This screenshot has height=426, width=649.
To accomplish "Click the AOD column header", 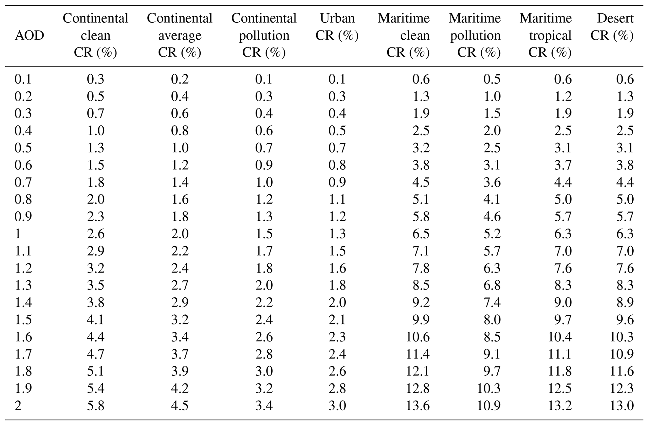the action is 29,36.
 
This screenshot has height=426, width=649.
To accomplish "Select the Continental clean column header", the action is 95,35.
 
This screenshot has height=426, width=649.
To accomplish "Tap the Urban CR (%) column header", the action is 337,27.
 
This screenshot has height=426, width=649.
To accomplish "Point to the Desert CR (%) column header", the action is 612,27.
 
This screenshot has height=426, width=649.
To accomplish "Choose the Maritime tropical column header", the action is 546,35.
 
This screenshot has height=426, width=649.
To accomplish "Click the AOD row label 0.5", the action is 23,148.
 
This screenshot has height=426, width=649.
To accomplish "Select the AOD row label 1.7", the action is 23,354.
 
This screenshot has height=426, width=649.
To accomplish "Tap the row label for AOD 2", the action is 18,406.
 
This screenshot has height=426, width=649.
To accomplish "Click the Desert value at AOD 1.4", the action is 625,302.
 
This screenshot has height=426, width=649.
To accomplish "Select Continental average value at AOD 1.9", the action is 180,389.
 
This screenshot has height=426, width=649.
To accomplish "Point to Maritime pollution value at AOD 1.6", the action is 492,337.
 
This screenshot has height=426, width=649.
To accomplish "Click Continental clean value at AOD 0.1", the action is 95,79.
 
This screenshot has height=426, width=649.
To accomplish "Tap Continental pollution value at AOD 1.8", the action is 264,372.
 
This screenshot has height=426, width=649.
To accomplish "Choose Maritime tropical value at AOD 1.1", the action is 563,251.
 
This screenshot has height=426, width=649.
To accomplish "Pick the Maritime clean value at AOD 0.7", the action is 421,182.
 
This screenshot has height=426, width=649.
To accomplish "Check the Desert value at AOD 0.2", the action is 625,96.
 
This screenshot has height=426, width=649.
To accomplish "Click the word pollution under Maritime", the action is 475,36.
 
